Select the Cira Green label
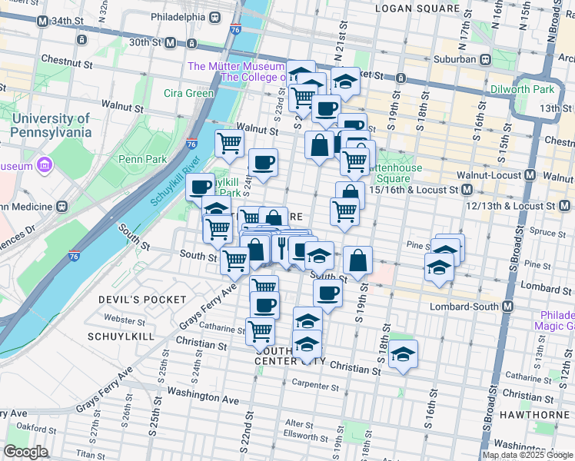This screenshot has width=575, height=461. pyautogui.click(x=189, y=94)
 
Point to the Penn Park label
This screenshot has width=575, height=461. pyautogui.click(x=138, y=159)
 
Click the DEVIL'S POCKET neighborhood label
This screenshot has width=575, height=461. pyautogui.click(x=147, y=299)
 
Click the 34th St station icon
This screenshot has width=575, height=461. pyautogui.click(x=45, y=22)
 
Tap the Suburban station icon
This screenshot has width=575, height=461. pyautogui.click(x=486, y=58)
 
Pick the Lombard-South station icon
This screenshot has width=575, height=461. pyautogui.click(x=507, y=307)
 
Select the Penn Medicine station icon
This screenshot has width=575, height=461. pyautogui.click(x=61, y=207)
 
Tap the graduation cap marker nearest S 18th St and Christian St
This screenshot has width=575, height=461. pyautogui.click(x=403, y=353)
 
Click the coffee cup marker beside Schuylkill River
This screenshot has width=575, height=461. pyautogui.click(x=201, y=186)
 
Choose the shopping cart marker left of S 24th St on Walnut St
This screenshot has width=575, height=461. pyautogui.click(x=229, y=142)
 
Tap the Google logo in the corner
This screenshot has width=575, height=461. pyautogui.click(x=25, y=452)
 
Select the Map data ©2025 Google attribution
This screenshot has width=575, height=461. pyautogui.click(x=527, y=455)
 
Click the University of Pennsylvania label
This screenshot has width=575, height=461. pyautogui.click(x=52, y=125)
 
